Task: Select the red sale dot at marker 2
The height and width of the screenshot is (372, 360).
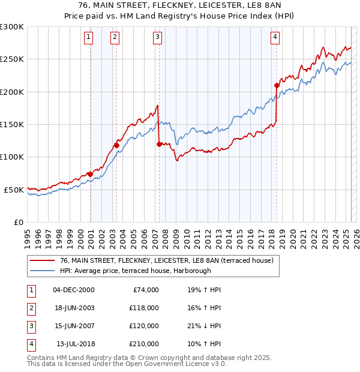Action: click(x=116, y=145)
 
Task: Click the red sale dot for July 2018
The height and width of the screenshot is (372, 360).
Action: click(x=277, y=85)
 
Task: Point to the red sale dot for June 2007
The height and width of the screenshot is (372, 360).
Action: click(x=159, y=144)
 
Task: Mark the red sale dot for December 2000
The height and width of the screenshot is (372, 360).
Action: click(x=90, y=174)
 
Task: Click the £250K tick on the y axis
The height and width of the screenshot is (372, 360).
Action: click(x=12, y=59)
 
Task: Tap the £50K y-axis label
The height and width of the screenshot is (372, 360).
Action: click(x=14, y=190)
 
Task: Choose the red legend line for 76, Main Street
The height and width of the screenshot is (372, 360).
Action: click(x=43, y=260)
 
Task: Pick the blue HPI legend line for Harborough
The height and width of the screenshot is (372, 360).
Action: click(x=43, y=270)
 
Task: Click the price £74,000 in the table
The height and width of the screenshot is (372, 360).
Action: click(x=144, y=290)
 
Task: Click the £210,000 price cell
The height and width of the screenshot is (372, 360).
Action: click(x=144, y=344)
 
